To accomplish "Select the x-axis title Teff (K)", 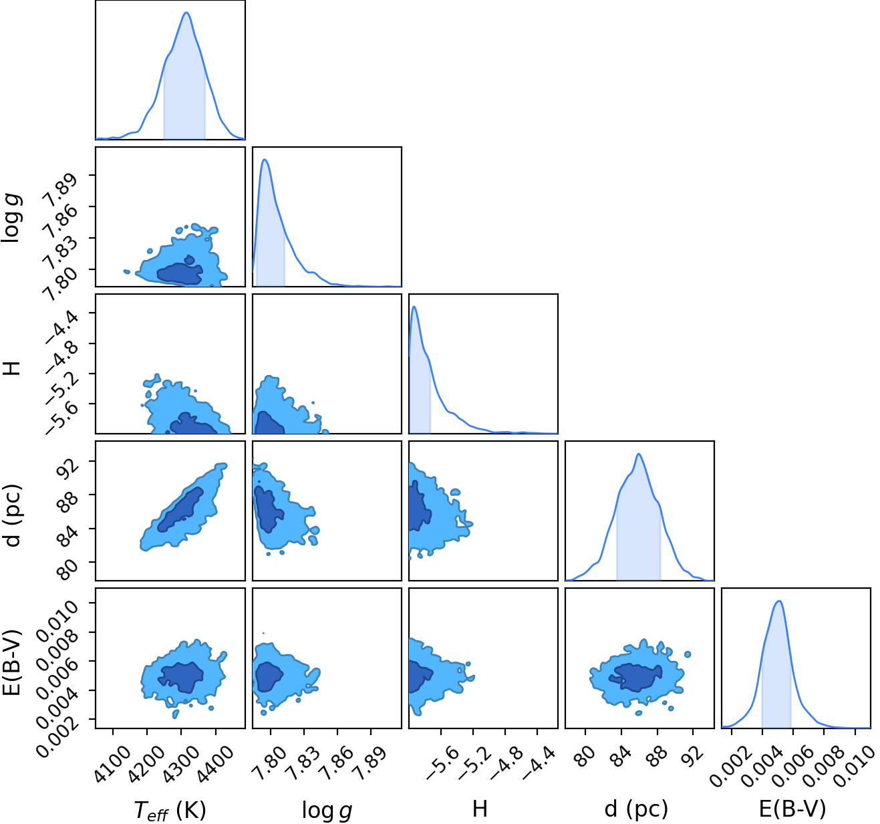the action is [170, 810].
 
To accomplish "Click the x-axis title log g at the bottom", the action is [327, 810].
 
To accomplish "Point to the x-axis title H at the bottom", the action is [480, 809].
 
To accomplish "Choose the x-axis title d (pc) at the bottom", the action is [636, 809].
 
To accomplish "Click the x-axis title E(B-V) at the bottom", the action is [792, 809].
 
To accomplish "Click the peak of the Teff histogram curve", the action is [186, 13].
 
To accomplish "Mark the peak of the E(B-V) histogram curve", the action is [779, 601].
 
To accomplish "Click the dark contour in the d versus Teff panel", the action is [180, 509].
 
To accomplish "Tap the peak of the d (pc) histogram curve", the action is [639, 454].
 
